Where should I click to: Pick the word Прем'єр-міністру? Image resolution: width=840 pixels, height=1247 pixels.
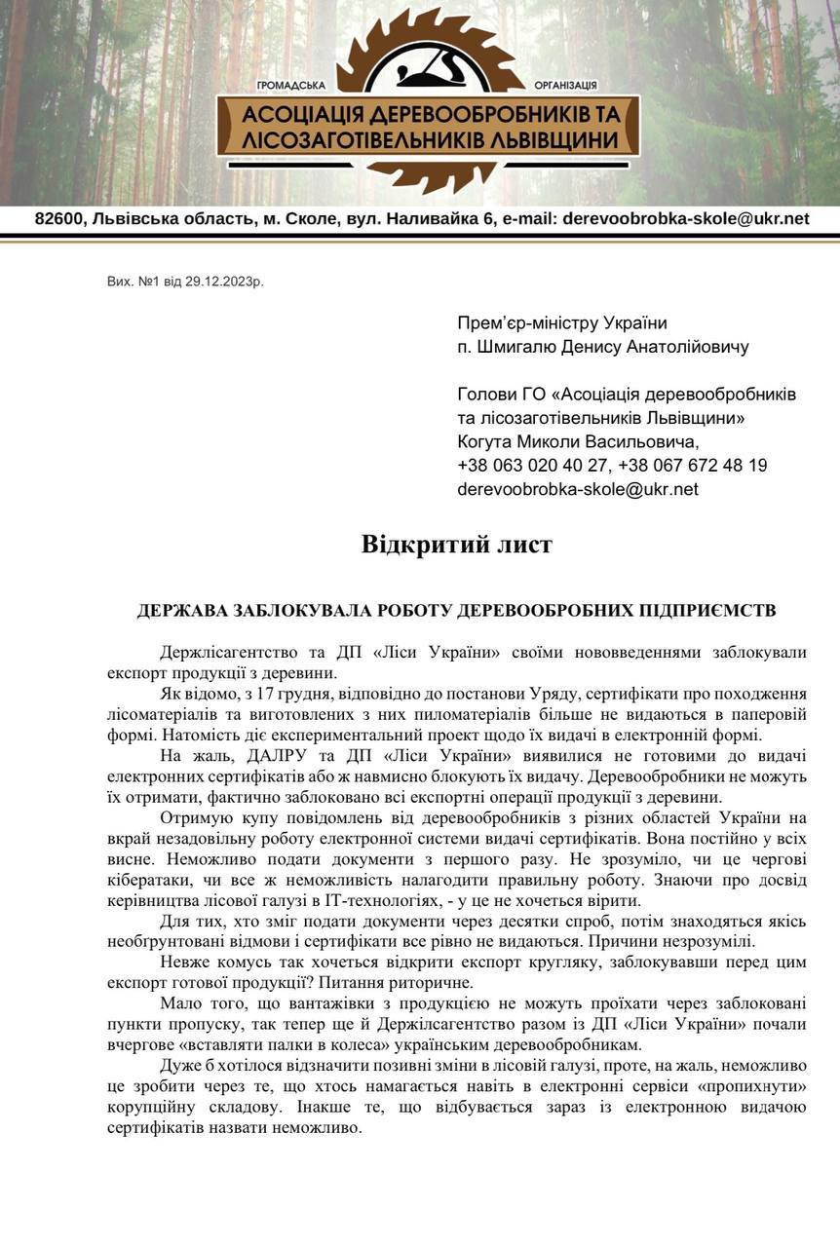coord(521,323)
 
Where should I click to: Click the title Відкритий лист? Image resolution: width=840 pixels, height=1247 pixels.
coord(456,544)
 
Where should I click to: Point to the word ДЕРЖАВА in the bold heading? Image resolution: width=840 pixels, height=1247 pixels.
coord(183,611)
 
